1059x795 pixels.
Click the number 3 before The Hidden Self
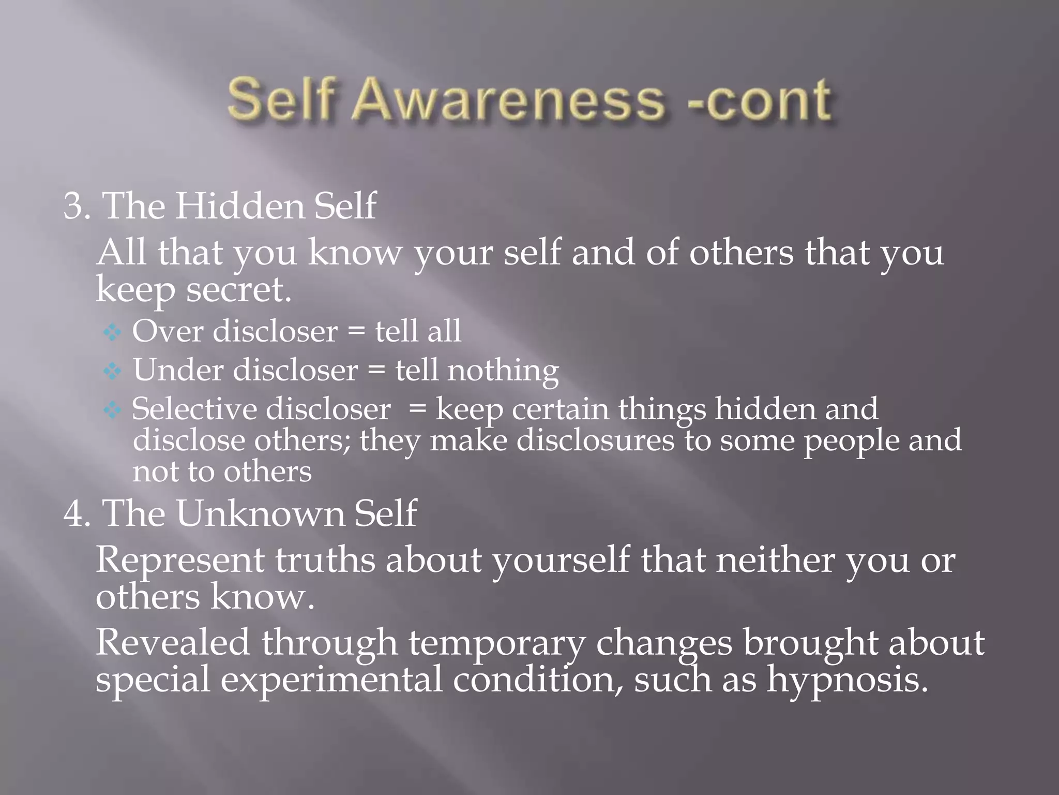(x=73, y=207)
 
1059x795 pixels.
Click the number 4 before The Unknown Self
(x=73, y=513)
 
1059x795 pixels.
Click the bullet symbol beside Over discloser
(x=112, y=332)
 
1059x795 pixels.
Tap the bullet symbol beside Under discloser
(x=112, y=371)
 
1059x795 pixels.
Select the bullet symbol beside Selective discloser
(x=112, y=410)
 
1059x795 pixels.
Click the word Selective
(x=194, y=409)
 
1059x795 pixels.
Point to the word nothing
(x=503, y=372)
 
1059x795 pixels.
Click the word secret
(x=238, y=290)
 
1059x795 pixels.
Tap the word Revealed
(x=172, y=643)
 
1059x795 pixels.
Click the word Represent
(x=179, y=561)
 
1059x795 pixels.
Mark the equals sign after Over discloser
(x=356, y=332)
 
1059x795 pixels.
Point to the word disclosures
(x=595, y=440)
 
